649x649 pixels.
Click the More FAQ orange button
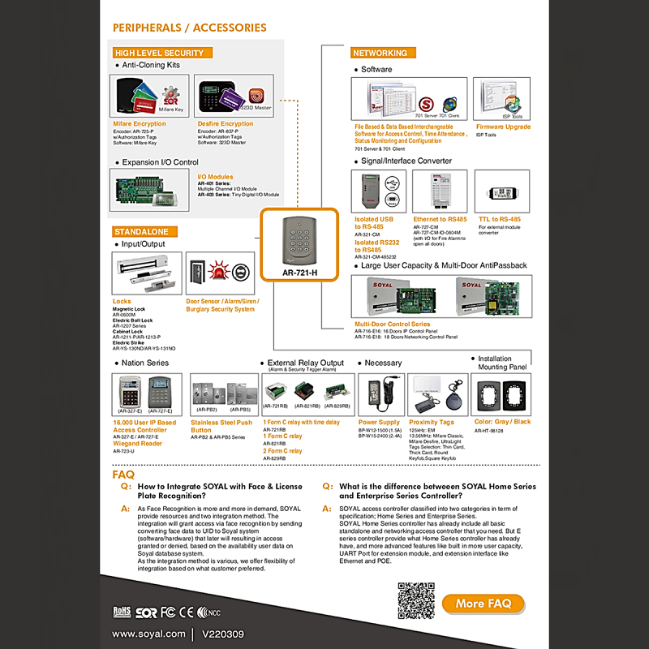[484, 603]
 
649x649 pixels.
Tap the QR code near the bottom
[415, 601]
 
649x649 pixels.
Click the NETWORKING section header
[380, 53]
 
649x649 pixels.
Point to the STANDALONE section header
[141, 232]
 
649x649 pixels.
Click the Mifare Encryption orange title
[140, 124]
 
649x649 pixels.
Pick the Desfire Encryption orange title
[226, 124]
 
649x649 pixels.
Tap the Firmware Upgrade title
[503, 127]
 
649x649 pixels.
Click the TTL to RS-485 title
[500, 219]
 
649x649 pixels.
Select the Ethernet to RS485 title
[440, 219]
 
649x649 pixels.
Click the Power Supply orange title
[379, 422]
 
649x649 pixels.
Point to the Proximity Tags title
[432, 422]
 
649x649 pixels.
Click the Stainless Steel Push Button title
[221, 426]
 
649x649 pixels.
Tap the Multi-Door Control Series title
[393, 324]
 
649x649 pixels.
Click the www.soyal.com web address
[148, 633]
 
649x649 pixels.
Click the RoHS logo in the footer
[121, 609]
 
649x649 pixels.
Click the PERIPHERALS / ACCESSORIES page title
[190, 28]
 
